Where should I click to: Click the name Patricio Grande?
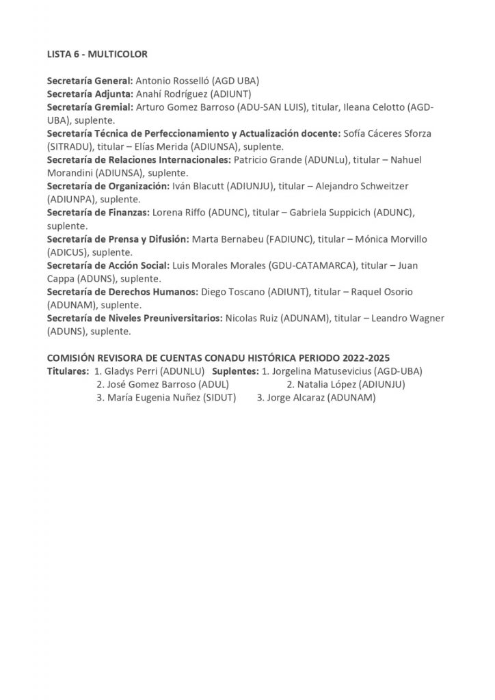point(265,160)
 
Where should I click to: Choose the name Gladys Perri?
point(133,372)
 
